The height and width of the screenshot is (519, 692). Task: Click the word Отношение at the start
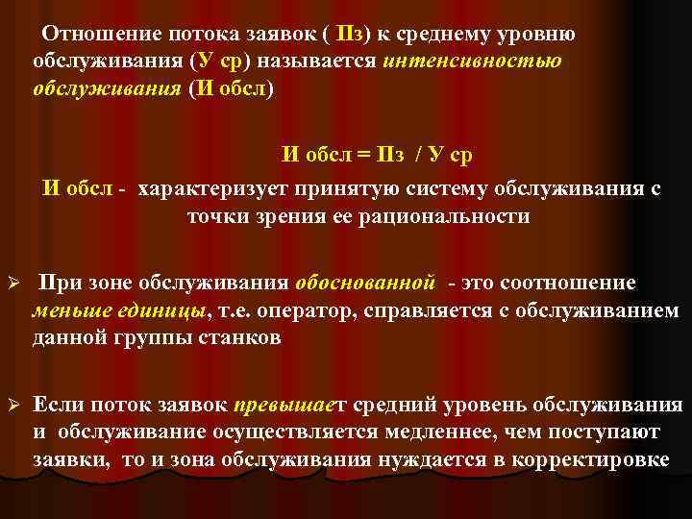89,36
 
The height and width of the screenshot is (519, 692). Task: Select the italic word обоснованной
367,284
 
